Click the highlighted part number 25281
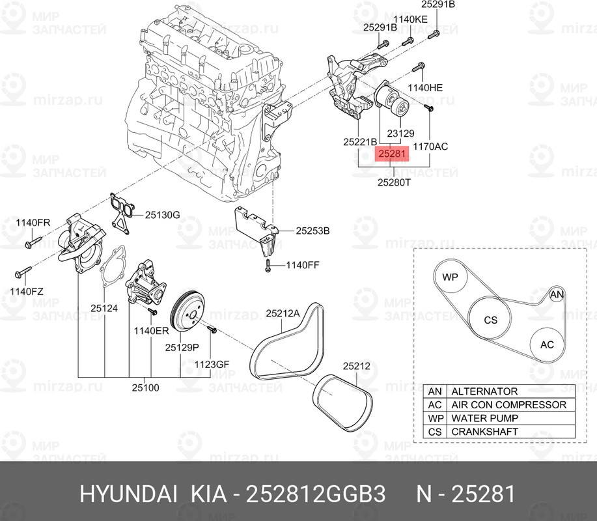click(x=392, y=154)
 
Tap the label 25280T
click(x=394, y=182)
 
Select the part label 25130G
click(x=162, y=215)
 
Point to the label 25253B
click(x=312, y=231)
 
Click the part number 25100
click(x=145, y=387)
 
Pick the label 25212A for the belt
click(x=283, y=313)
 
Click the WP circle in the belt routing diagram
click(x=451, y=277)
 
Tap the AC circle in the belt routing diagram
click(x=547, y=345)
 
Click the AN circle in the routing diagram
click(x=557, y=294)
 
